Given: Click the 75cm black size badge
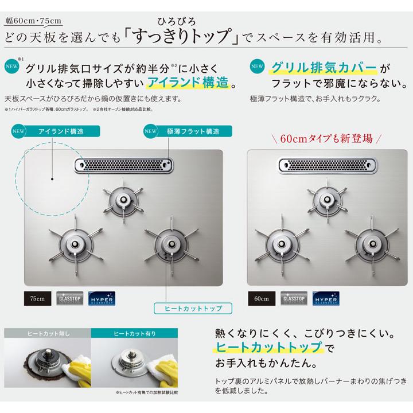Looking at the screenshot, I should tap(37, 298).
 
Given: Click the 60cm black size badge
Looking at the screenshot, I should tap(262, 298).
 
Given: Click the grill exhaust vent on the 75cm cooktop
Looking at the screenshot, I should tap(123, 166).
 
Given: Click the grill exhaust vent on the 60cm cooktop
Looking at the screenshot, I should tap(327, 166).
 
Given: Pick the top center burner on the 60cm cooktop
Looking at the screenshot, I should tap(325, 200).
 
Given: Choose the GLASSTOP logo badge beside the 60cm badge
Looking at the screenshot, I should tap(294, 298).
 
